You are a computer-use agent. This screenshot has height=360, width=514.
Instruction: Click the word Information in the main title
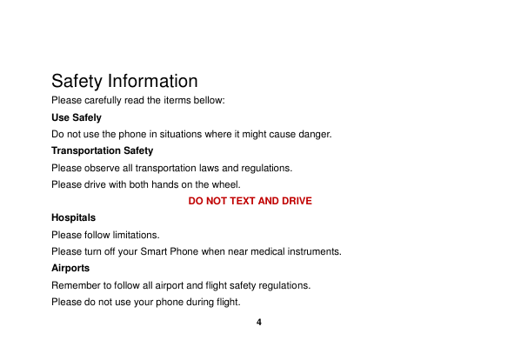pyautogui.click(x=152, y=82)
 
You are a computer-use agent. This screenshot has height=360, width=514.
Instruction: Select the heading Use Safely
pyautogui.click(x=77, y=117)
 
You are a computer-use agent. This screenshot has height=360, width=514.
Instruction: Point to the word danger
pyautogui.click(x=314, y=134)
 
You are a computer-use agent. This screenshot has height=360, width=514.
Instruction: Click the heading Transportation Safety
pyautogui.click(x=102, y=151)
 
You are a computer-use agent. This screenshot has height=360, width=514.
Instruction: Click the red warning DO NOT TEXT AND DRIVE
pyautogui.click(x=250, y=201)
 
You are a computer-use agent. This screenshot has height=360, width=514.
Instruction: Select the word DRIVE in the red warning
pyautogui.click(x=296, y=201)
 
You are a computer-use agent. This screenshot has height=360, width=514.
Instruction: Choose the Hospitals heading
pyautogui.click(x=74, y=217)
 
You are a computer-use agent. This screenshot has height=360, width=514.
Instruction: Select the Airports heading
pyautogui.click(x=70, y=268)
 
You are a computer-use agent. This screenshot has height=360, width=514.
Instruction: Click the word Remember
pyautogui.click(x=75, y=285)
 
